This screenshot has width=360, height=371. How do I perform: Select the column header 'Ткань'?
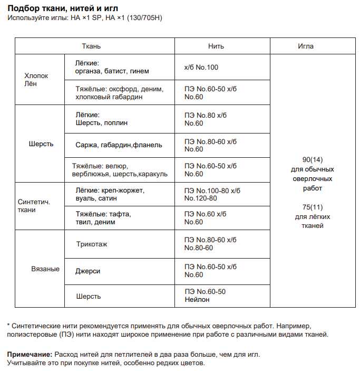tap(91, 46)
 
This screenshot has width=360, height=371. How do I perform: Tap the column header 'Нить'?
tap(216, 46)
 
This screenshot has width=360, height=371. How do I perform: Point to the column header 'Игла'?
tap(306, 46)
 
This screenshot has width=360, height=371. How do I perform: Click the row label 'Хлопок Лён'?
tap(36, 80)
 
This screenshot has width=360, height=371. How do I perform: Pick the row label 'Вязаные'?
tap(45, 269)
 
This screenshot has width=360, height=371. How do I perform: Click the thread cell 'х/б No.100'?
tap(201, 68)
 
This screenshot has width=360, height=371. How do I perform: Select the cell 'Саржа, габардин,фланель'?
tap(119, 145)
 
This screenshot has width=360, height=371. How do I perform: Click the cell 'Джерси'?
tap(87, 271)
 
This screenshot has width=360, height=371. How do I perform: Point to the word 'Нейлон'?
tap(197, 300)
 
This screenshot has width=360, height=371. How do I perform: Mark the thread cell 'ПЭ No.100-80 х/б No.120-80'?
tap(212, 194)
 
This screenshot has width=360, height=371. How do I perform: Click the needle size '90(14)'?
tap(313, 160)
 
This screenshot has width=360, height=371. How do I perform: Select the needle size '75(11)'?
tap(313, 207)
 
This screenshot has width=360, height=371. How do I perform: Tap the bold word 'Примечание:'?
tap(30, 355)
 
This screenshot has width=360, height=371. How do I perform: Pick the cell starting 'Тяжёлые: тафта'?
tap(103, 218)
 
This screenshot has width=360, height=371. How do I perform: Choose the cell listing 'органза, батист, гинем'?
tap(112, 71)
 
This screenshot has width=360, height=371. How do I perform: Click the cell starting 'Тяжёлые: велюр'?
tap(120, 170)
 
